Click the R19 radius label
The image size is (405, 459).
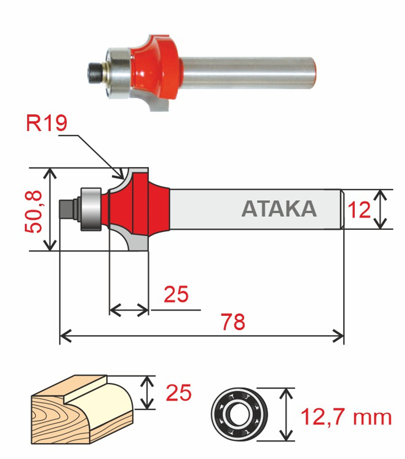pyautogui.click(x=46, y=123)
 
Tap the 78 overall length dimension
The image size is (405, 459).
pyautogui.click(x=233, y=322)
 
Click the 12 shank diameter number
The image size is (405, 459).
pyautogui.click(x=359, y=210)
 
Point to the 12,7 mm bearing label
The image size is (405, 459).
pyautogui.click(x=346, y=417)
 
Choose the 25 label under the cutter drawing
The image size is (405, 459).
pyautogui.click(x=176, y=295)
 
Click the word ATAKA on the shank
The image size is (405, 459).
pyautogui.click(x=279, y=209)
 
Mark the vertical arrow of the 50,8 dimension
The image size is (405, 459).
pyautogui.click(x=51, y=209)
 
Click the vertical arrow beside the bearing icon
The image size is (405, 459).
pyautogui.click(x=287, y=414)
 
